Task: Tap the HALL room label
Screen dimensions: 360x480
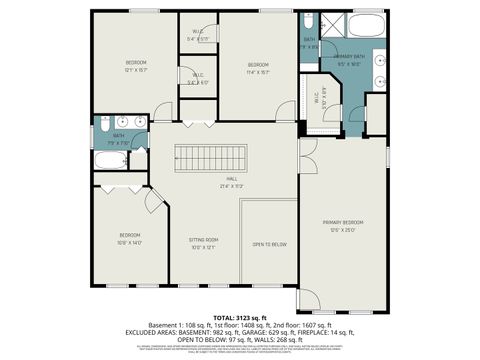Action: click(231, 181)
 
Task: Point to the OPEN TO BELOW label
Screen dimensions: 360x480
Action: click(270, 244)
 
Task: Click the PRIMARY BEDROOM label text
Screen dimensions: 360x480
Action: click(343, 224)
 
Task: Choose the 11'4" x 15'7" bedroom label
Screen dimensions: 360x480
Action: click(259, 67)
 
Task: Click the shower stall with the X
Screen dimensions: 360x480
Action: click(331, 24)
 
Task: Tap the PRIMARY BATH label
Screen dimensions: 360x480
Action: click(349, 59)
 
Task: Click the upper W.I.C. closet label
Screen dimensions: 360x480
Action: click(198, 36)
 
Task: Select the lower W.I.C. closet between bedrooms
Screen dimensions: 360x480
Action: click(198, 78)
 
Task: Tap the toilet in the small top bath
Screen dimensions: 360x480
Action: click(309, 22)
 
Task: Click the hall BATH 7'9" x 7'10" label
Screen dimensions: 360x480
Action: click(119, 137)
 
